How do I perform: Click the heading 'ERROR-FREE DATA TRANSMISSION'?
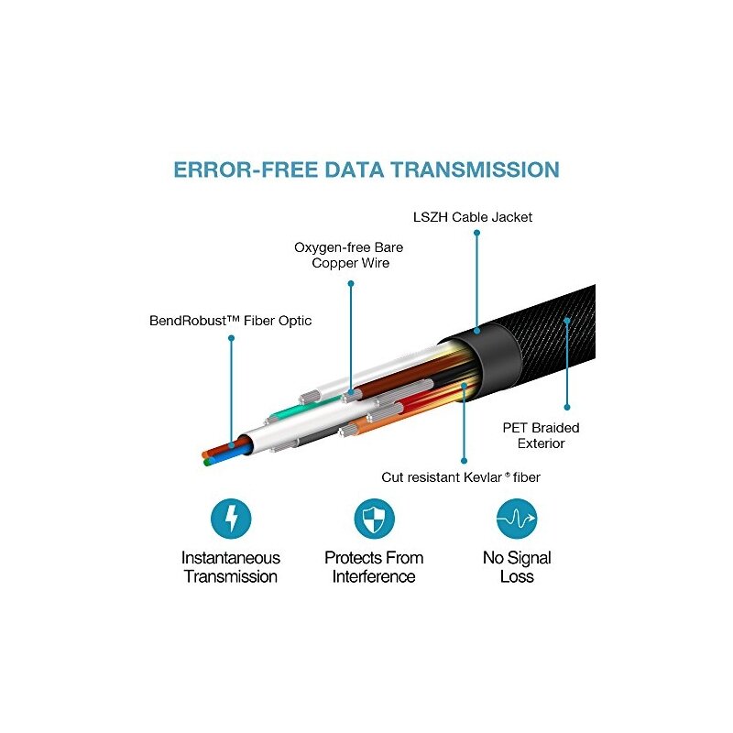point(366,170)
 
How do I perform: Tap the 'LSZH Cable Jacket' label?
point(473,217)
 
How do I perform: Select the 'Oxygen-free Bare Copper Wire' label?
point(349,255)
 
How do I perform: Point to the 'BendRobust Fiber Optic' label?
point(230,321)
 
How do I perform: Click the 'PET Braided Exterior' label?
point(541,435)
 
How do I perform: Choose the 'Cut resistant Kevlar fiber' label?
point(461,477)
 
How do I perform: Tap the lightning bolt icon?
point(231,519)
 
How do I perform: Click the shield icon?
point(374,519)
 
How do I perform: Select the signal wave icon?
point(517,519)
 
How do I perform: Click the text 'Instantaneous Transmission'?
point(231,566)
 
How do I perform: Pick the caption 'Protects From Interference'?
point(374,566)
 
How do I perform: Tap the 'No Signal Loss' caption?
point(517,566)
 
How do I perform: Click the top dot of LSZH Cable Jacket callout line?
point(476,233)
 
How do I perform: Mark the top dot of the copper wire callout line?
point(351,283)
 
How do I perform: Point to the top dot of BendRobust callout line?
point(231,338)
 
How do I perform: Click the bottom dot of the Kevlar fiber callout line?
point(464,461)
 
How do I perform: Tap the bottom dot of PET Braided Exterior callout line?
point(567,407)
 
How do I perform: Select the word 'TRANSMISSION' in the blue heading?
point(475,170)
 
